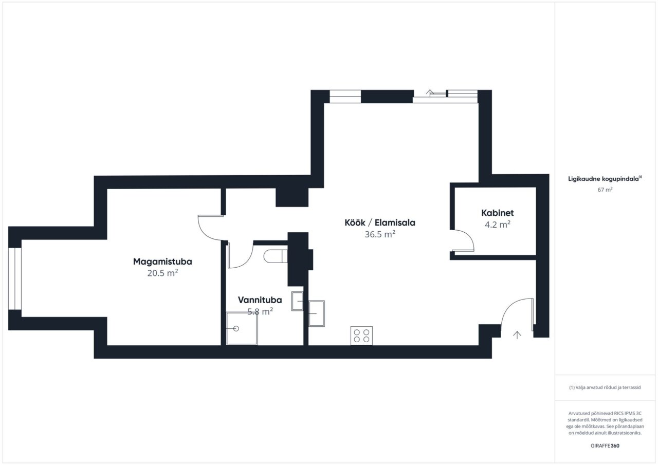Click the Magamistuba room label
(x=162, y=262)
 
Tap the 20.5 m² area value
(x=162, y=273)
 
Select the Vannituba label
(x=260, y=300)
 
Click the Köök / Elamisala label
(x=380, y=222)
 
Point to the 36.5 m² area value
(x=380, y=234)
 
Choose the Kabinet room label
(x=497, y=213)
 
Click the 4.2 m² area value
(x=497, y=225)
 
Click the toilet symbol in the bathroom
(x=275, y=256)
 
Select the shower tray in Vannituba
(x=242, y=328)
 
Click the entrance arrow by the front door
(x=517, y=335)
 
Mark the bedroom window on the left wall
(x=15, y=279)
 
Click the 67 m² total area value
(x=605, y=190)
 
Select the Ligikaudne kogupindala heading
(x=605, y=179)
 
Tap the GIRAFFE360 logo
(x=605, y=445)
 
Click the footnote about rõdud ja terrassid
(x=605, y=387)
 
